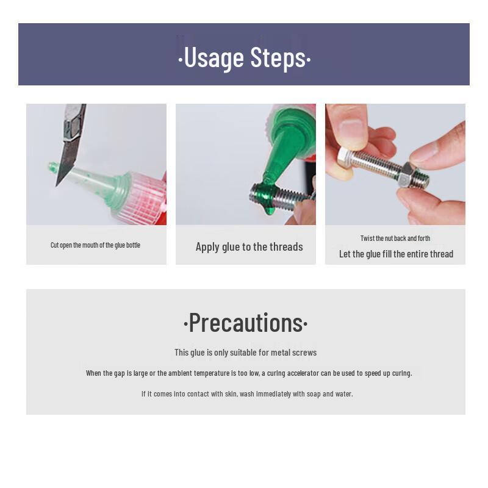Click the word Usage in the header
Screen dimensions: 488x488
pos(214,58)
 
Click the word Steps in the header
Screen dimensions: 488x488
pos(278,58)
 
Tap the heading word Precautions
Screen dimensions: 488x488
pos(246,323)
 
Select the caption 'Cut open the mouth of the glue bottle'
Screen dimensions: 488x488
pos(95,245)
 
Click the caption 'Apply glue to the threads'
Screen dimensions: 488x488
pos(249,247)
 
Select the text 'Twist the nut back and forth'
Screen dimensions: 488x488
pos(395,239)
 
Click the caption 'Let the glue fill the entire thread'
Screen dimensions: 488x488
pos(396,254)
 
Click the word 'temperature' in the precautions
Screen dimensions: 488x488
pos(211,373)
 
